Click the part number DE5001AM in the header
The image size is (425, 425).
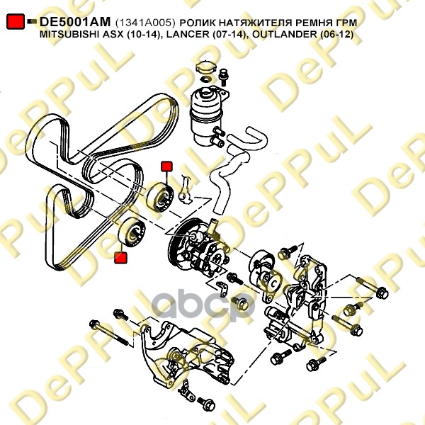point(75,22)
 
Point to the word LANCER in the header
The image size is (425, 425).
point(188,35)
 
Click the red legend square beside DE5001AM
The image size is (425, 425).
point(16,21)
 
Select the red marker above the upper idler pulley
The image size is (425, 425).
point(166,166)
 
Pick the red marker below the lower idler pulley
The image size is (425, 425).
point(120,258)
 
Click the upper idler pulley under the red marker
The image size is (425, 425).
point(159,198)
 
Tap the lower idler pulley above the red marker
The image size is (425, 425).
point(132,232)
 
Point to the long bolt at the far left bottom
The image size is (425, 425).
point(109,333)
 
